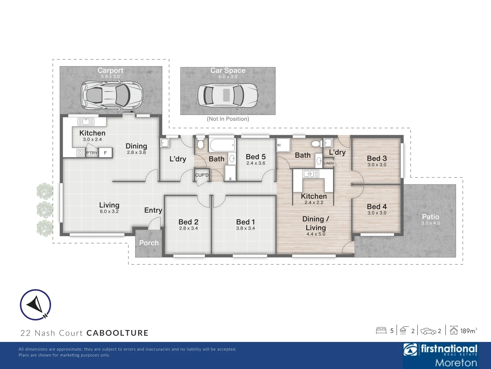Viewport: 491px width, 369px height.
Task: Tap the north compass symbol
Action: (x=35, y=305)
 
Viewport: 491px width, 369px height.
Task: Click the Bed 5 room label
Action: (x=255, y=157)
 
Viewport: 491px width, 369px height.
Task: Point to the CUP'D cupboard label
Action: (x=202, y=175)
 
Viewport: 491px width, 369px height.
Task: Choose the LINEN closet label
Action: (x=329, y=163)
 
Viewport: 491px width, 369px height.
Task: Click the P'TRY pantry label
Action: (x=92, y=153)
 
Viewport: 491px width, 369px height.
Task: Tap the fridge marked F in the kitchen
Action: (x=105, y=153)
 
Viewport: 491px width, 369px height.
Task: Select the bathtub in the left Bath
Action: (x=222, y=145)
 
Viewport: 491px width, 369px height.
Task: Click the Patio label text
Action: (x=430, y=217)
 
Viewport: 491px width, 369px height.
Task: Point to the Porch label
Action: (x=149, y=243)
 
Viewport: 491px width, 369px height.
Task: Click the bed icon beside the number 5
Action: (x=381, y=330)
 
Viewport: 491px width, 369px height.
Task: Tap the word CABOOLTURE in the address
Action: (x=117, y=333)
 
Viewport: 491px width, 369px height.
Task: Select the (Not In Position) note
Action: (x=228, y=119)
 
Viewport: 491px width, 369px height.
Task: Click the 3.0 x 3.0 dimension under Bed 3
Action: (x=377, y=165)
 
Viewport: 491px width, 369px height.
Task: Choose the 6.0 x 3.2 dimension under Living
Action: (x=109, y=211)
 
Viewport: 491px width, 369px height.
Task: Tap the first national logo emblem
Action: (x=411, y=350)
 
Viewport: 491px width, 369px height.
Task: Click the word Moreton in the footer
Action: (x=456, y=363)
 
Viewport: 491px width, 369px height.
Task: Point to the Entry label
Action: (x=153, y=210)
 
